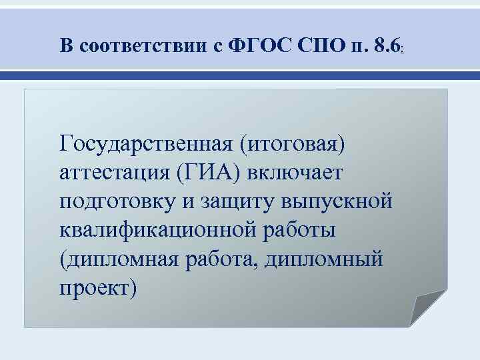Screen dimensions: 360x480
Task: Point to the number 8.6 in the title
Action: tap(388, 45)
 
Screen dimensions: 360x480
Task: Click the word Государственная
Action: tap(143, 143)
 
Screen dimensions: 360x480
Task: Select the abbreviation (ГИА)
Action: tap(209, 172)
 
